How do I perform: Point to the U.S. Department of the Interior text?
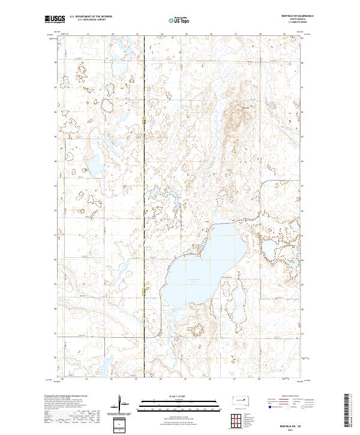coord(89,17)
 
